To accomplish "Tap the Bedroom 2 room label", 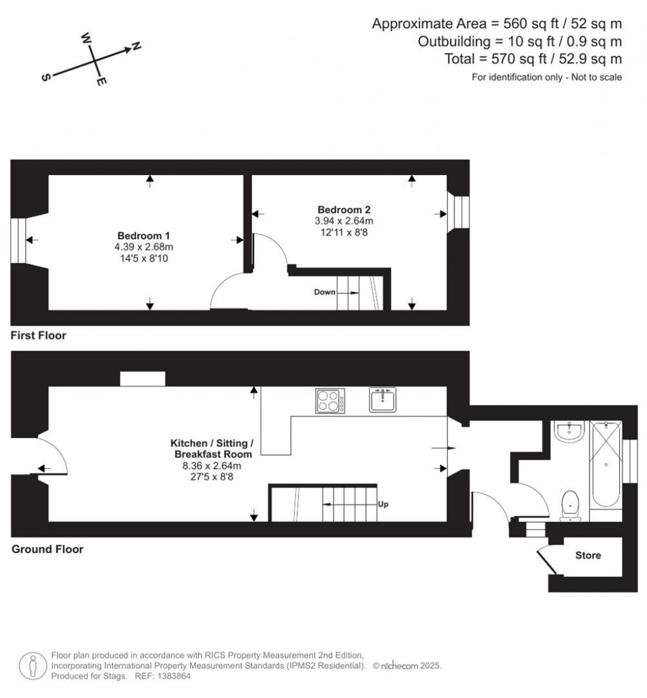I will click(344, 209).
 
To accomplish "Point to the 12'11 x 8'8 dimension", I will click(344, 233).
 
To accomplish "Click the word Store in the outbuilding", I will click(588, 555).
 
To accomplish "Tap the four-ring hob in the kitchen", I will click(330, 401).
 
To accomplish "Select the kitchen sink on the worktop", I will click(383, 400).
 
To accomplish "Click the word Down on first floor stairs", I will click(325, 292).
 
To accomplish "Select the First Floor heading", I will click(39, 336).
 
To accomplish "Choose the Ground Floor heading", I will click(47, 549).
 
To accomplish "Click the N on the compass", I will click(135, 46).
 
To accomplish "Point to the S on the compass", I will click(45, 77).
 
